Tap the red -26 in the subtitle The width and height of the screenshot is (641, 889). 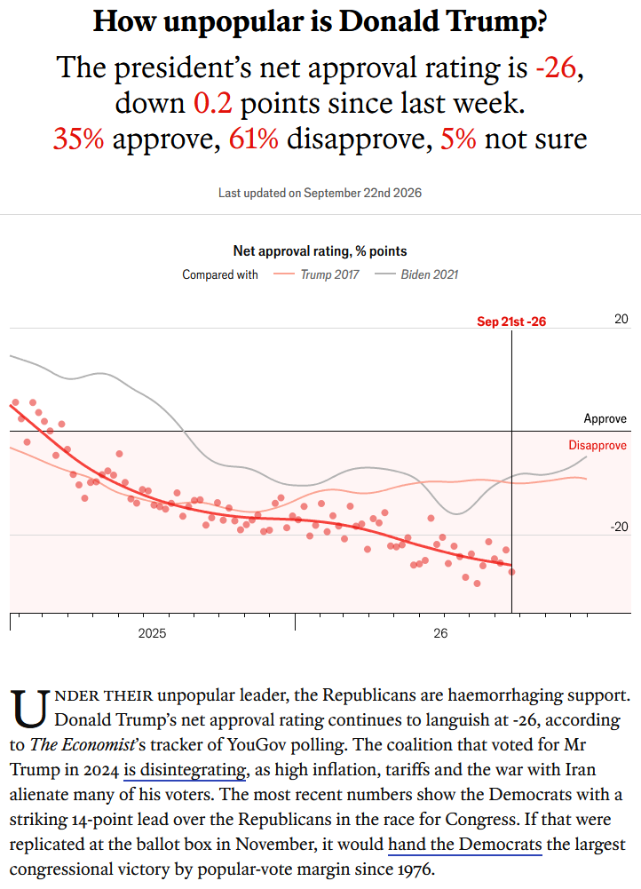556,68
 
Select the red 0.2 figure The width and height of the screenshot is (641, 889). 212,103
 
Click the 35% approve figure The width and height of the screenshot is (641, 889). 78,139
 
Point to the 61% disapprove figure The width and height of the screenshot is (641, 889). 253,139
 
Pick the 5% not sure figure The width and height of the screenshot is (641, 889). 458,139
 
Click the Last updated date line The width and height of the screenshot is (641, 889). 320,193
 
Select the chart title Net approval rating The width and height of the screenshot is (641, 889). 320,251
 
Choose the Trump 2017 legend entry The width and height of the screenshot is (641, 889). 316,274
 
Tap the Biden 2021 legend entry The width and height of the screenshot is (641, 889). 416,274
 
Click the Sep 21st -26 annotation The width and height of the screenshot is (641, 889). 511,321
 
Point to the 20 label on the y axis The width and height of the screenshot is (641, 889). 621,319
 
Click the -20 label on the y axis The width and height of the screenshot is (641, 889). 620,527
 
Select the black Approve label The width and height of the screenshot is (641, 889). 605,419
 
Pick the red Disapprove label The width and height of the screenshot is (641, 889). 597,446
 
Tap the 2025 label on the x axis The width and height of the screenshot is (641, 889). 152,633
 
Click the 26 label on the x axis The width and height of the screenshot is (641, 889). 440,633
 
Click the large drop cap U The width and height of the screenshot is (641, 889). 29,709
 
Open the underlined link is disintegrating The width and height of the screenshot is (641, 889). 185,770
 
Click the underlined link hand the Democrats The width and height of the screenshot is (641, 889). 464,845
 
